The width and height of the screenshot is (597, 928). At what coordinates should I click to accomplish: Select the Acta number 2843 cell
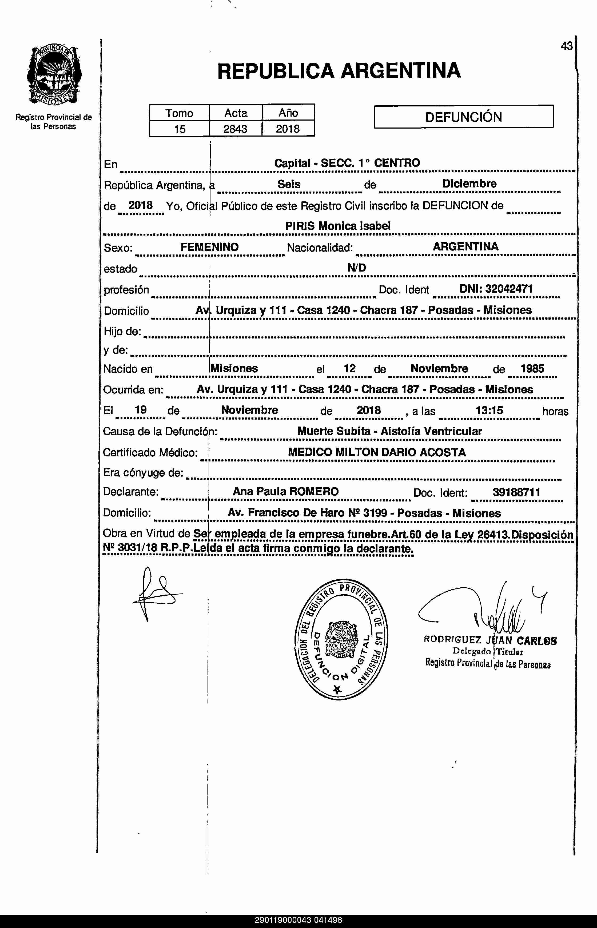(x=235, y=129)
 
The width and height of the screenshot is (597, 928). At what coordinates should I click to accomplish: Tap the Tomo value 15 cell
(x=180, y=129)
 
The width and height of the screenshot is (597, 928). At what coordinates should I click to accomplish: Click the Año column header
(x=288, y=113)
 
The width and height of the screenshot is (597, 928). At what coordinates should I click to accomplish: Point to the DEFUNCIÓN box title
(x=463, y=117)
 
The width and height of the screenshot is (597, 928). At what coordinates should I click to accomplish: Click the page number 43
(x=566, y=46)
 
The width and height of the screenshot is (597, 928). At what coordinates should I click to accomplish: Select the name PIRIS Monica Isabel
(x=338, y=226)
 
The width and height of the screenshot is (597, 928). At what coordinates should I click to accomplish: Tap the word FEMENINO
(x=209, y=247)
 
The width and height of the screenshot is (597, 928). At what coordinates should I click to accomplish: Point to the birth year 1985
(x=532, y=369)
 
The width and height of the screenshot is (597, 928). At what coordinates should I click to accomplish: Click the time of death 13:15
(x=489, y=410)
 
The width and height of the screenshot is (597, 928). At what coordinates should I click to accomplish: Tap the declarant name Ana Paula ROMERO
(x=286, y=492)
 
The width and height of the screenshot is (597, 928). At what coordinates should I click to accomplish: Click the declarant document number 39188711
(x=516, y=492)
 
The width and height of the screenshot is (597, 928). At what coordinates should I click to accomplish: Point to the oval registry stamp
(x=341, y=640)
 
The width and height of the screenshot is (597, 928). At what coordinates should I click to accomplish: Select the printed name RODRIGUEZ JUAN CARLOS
(x=490, y=640)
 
